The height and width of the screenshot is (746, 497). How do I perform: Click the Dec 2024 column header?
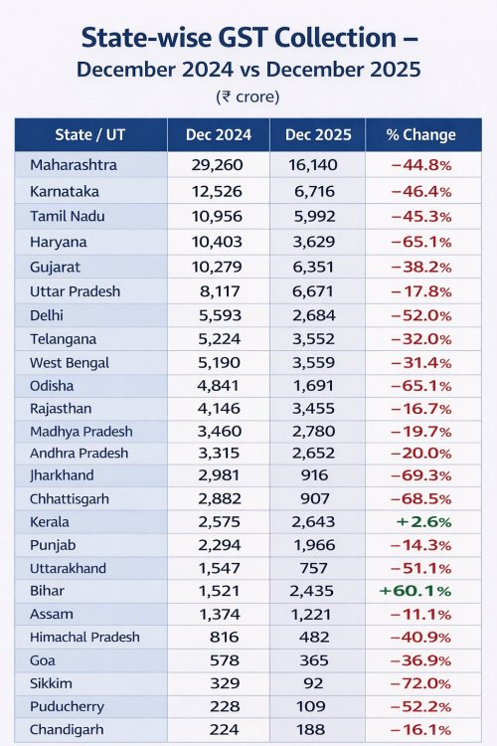[219, 134]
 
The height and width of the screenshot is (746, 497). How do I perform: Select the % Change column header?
[420, 134]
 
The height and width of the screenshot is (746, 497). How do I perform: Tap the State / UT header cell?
[89, 134]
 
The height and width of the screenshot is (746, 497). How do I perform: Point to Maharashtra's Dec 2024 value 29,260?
[218, 165]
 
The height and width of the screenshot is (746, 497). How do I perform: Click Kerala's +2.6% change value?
[423, 522]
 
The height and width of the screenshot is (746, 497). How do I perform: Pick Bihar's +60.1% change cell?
[415, 591]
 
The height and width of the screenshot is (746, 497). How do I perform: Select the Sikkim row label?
[51, 683]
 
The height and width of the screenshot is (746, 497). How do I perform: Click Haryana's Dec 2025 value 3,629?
[314, 242]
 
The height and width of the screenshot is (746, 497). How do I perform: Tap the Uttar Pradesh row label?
[76, 291]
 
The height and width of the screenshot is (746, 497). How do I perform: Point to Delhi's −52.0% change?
[420, 315]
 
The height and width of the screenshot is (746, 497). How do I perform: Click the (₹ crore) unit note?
[248, 97]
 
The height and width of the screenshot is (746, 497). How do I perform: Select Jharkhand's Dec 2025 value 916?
[314, 475]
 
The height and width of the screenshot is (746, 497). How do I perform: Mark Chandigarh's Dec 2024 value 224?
[225, 729]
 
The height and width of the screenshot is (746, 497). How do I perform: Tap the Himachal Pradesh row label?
[84, 637]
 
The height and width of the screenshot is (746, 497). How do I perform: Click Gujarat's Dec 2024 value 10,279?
[217, 267]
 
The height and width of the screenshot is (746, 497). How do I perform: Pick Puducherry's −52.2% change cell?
[420, 706]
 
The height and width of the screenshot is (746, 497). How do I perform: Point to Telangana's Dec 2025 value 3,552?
[314, 339]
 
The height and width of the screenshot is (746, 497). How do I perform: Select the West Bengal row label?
[70, 363]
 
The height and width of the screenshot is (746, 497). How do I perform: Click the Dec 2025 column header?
[318, 134]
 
